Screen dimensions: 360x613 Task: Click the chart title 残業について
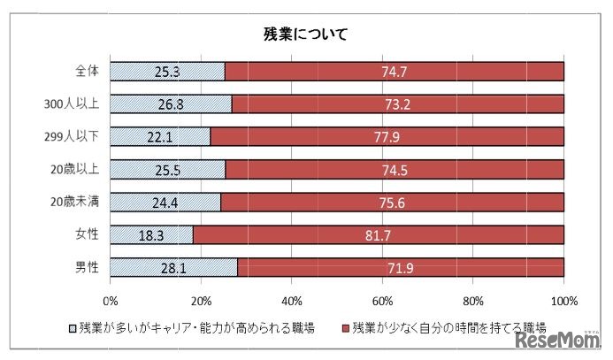coord(306,34)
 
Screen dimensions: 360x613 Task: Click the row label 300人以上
coord(78,104)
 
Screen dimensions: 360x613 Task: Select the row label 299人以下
coord(78,136)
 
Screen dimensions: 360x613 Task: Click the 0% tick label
coord(111,298)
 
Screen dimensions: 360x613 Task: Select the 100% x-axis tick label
coord(563,298)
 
